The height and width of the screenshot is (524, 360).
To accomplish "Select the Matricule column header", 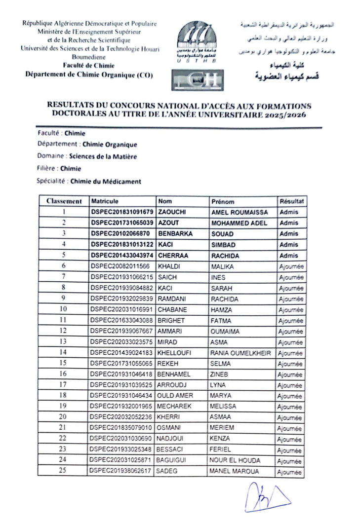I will [x=105, y=201].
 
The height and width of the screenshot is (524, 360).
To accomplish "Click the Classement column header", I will [x=64, y=201].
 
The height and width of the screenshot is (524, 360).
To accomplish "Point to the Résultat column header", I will [x=291, y=201].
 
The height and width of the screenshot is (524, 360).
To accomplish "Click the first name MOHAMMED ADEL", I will [x=239, y=223].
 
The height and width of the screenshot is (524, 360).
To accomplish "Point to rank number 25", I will [x=63, y=472].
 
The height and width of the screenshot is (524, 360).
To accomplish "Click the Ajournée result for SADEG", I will [x=290, y=472].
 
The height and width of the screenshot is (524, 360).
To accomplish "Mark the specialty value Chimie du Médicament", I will [x=106, y=181].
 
